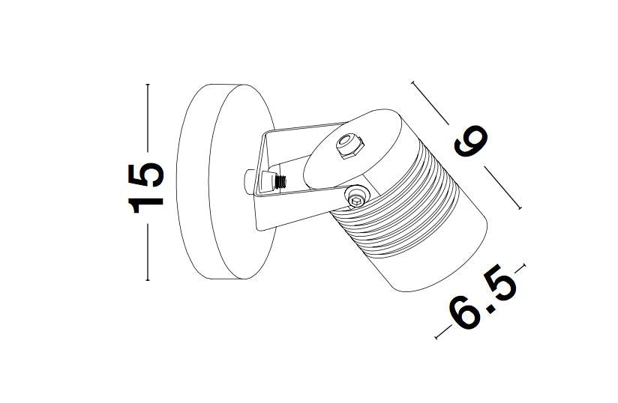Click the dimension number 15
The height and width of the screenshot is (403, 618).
point(145,188)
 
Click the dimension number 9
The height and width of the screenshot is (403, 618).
point(470,142)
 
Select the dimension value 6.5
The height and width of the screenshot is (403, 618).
point(483,297)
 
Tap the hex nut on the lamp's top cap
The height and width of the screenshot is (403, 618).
point(349,145)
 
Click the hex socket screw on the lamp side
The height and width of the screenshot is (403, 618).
point(356,196)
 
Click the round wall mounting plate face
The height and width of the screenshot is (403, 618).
point(241,182)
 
